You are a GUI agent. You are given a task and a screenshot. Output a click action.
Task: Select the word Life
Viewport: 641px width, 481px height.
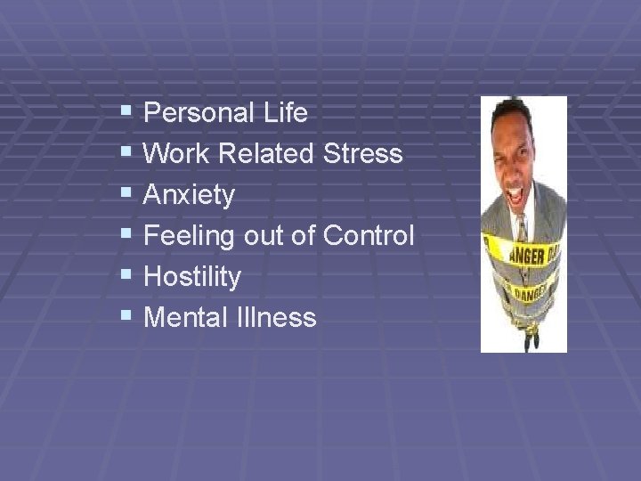click(286, 113)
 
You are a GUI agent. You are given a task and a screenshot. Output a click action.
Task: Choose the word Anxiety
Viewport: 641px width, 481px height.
click(189, 196)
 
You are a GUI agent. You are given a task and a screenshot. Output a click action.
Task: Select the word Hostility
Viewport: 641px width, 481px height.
click(191, 277)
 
